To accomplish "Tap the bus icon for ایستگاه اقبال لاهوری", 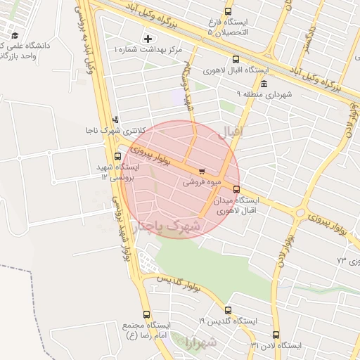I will [235, 60].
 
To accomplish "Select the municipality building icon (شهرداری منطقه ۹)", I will [264, 84].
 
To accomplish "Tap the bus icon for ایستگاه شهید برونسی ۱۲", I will [117, 156].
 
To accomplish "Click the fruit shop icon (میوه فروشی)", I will [202, 170].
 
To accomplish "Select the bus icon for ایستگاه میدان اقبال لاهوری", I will [236, 189].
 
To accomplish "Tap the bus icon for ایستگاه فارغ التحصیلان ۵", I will [227, 12].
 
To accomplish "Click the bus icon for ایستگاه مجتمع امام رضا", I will [146, 314].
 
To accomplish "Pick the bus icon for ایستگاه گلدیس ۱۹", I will [227, 310].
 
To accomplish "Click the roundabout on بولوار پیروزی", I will [302, 212].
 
